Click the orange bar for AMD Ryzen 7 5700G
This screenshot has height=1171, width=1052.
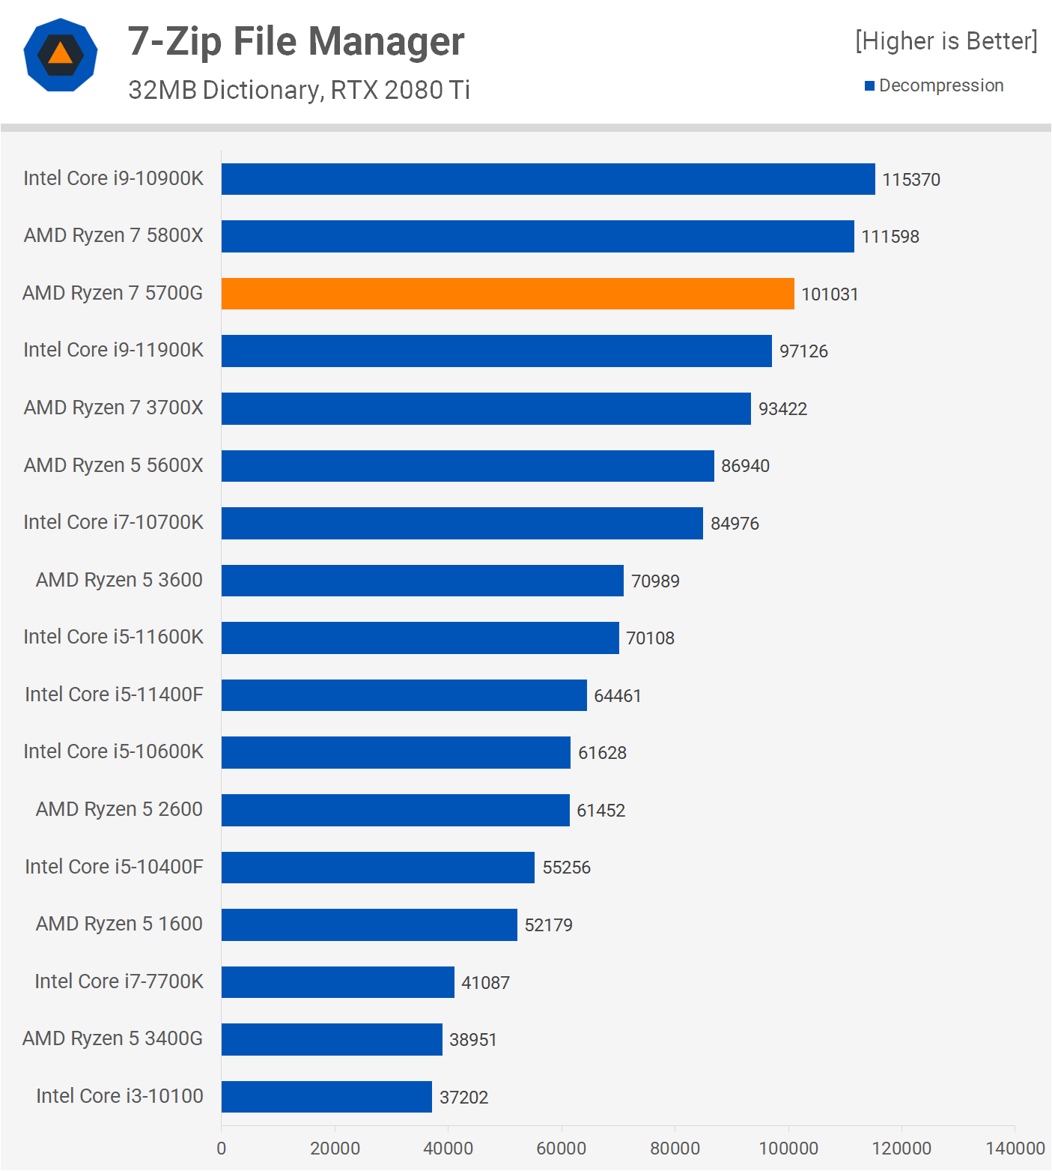(508, 294)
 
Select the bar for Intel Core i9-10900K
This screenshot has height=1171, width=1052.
(548, 179)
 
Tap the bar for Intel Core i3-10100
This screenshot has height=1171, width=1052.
(326, 1097)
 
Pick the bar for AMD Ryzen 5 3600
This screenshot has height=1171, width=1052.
(422, 581)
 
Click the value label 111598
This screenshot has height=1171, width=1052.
(890, 237)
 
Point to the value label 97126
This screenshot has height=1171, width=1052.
(803, 351)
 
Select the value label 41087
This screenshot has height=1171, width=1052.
(485, 982)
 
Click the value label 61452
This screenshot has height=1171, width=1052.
(601, 811)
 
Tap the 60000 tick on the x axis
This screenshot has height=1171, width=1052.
(561, 1149)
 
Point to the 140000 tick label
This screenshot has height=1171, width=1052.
(1015, 1149)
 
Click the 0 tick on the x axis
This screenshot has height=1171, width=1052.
(221, 1149)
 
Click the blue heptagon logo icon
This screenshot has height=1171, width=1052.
(61, 55)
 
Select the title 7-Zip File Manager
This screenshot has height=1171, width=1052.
(296, 41)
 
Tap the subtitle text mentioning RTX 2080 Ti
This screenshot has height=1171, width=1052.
(299, 90)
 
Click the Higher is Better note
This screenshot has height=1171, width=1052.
(946, 40)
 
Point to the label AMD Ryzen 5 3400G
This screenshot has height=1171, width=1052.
(112, 1038)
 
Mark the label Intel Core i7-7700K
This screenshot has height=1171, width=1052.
(118, 981)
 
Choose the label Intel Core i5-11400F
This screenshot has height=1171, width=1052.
(114, 695)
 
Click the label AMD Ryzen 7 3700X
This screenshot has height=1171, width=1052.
(113, 408)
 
